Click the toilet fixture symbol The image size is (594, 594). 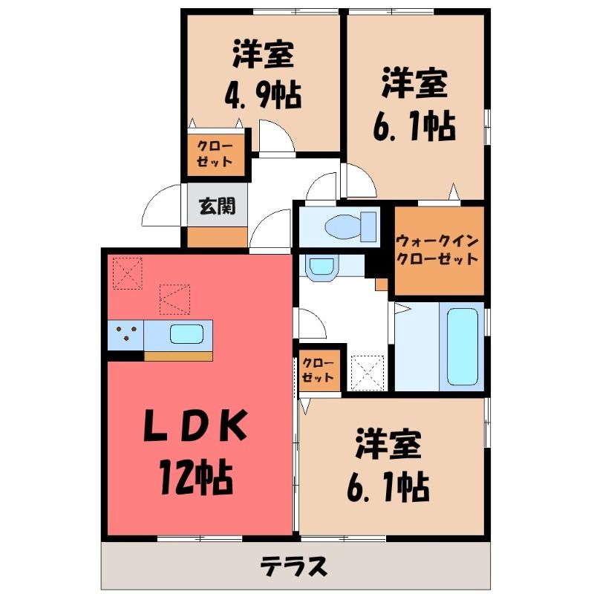coord(350,226)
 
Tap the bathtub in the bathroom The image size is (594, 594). coord(462,347)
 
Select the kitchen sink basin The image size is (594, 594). coord(186,334)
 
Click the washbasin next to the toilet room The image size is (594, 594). coord(322,268)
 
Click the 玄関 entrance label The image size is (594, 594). coord(217,206)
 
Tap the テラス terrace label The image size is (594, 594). coord(293,567)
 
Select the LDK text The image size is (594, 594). coord(196,425)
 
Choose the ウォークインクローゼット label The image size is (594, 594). coord(437,250)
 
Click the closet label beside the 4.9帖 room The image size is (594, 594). coord(215,154)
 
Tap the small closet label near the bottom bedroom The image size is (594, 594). coord(319,370)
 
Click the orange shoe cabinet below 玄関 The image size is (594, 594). coord(218,237)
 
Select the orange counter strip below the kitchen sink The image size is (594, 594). coord(178,356)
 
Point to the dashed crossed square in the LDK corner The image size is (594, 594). coord(128,273)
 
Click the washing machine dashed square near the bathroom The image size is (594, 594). coord(367,373)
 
